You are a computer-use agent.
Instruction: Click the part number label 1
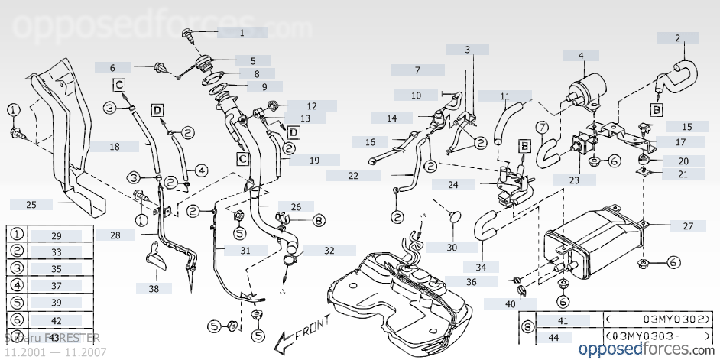(242, 33)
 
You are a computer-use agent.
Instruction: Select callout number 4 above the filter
(581, 55)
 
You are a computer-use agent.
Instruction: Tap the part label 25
(31, 204)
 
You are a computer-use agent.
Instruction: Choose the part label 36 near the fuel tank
(472, 282)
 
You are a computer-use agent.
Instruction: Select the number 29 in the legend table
(57, 235)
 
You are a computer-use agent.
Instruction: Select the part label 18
(114, 146)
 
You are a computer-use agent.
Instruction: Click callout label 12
(312, 105)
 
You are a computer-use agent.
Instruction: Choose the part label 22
(353, 175)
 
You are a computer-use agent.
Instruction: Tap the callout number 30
(452, 248)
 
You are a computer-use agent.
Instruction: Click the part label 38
(154, 288)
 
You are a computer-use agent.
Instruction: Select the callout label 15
(686, 126)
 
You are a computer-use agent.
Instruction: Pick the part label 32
(329, 250)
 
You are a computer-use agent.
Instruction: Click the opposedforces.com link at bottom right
(644, 349)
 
